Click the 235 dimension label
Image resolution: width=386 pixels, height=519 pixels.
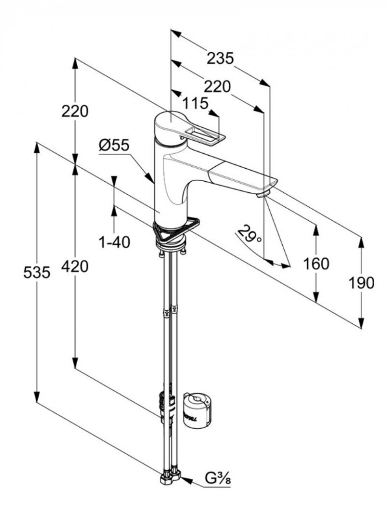pyautogui.click(x=220, y=58)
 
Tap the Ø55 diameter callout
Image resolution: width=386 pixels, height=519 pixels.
pyautogui.click(x=114, y=145)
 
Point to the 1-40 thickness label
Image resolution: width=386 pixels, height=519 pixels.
pyautogui.click(x=114, y=242)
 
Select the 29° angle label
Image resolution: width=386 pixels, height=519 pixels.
pyautogui.click(x=250, y=235)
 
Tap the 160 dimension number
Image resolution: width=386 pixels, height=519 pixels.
pyautogui.click(x=316, y=264)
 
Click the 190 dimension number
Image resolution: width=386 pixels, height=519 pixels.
pyautogui.click(x=361, y=283)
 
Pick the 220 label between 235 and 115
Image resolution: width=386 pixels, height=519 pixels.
pyautogui.click(x=217, y=86)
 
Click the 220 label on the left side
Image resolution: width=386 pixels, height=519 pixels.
pyautogui.click(x=75, y=111)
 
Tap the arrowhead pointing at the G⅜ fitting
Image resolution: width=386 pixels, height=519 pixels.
pyautogui.click(x=185, y=480)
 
